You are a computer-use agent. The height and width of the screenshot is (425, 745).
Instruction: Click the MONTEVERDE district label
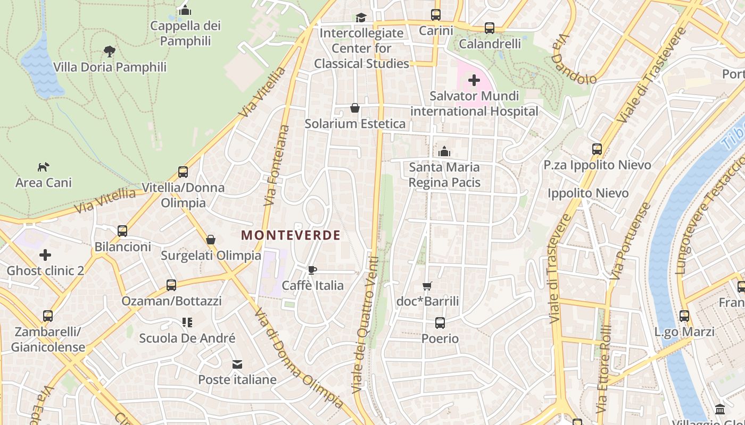[291, 235]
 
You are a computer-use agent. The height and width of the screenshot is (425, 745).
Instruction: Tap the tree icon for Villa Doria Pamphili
[110, 52]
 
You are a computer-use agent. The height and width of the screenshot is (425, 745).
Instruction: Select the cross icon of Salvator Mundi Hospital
[474, 81]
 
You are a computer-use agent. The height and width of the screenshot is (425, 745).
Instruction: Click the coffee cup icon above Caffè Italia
[312, 270]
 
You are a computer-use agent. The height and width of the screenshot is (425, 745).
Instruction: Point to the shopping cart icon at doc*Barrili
[427, 286]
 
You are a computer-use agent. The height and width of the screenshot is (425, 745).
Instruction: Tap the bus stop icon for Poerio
[440, 323]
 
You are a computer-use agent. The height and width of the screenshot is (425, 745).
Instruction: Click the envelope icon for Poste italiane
[237, 364]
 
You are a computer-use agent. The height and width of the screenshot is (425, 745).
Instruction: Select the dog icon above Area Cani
[44, 167]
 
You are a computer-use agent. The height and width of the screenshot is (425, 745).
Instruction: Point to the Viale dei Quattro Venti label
[367, 325]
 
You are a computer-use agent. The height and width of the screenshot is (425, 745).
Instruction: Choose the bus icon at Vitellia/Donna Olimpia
[183, 172]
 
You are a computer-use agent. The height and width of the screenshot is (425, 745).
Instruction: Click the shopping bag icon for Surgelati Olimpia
[211, 240]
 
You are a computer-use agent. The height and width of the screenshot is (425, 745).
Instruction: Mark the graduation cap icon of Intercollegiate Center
[361, 18]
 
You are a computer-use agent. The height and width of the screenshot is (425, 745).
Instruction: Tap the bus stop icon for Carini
[436, 15]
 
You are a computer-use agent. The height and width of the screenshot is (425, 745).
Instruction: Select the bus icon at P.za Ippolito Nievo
[597, 149]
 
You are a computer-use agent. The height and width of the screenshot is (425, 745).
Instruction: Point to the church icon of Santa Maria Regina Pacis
[444, 151]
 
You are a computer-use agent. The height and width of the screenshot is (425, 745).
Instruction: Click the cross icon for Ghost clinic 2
[45, 256]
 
